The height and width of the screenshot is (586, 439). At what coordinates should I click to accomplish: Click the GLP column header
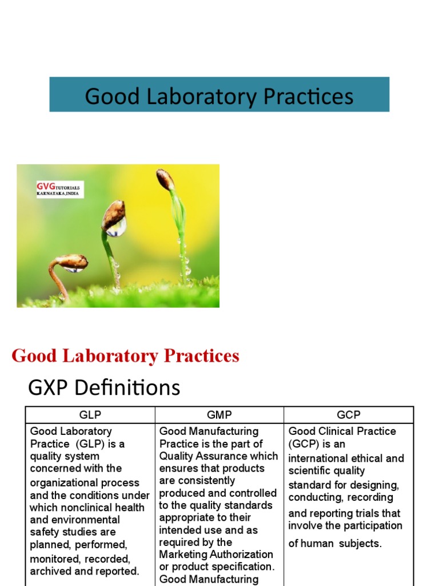point(90,415)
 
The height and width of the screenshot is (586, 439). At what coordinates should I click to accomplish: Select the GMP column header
point(219,415)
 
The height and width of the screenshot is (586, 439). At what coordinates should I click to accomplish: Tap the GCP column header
point(349,415)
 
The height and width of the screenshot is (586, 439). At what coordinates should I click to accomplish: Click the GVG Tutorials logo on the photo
point(59,189)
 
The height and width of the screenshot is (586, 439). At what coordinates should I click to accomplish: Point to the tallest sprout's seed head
point(165,179)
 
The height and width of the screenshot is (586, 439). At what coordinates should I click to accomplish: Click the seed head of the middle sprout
point(113,215)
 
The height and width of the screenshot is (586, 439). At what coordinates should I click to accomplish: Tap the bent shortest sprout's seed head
point(73,262)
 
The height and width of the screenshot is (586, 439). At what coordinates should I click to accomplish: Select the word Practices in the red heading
point(201,356)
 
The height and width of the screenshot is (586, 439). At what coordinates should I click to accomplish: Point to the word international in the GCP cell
point(318,458)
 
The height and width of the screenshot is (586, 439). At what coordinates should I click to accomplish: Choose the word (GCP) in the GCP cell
point(305,444)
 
